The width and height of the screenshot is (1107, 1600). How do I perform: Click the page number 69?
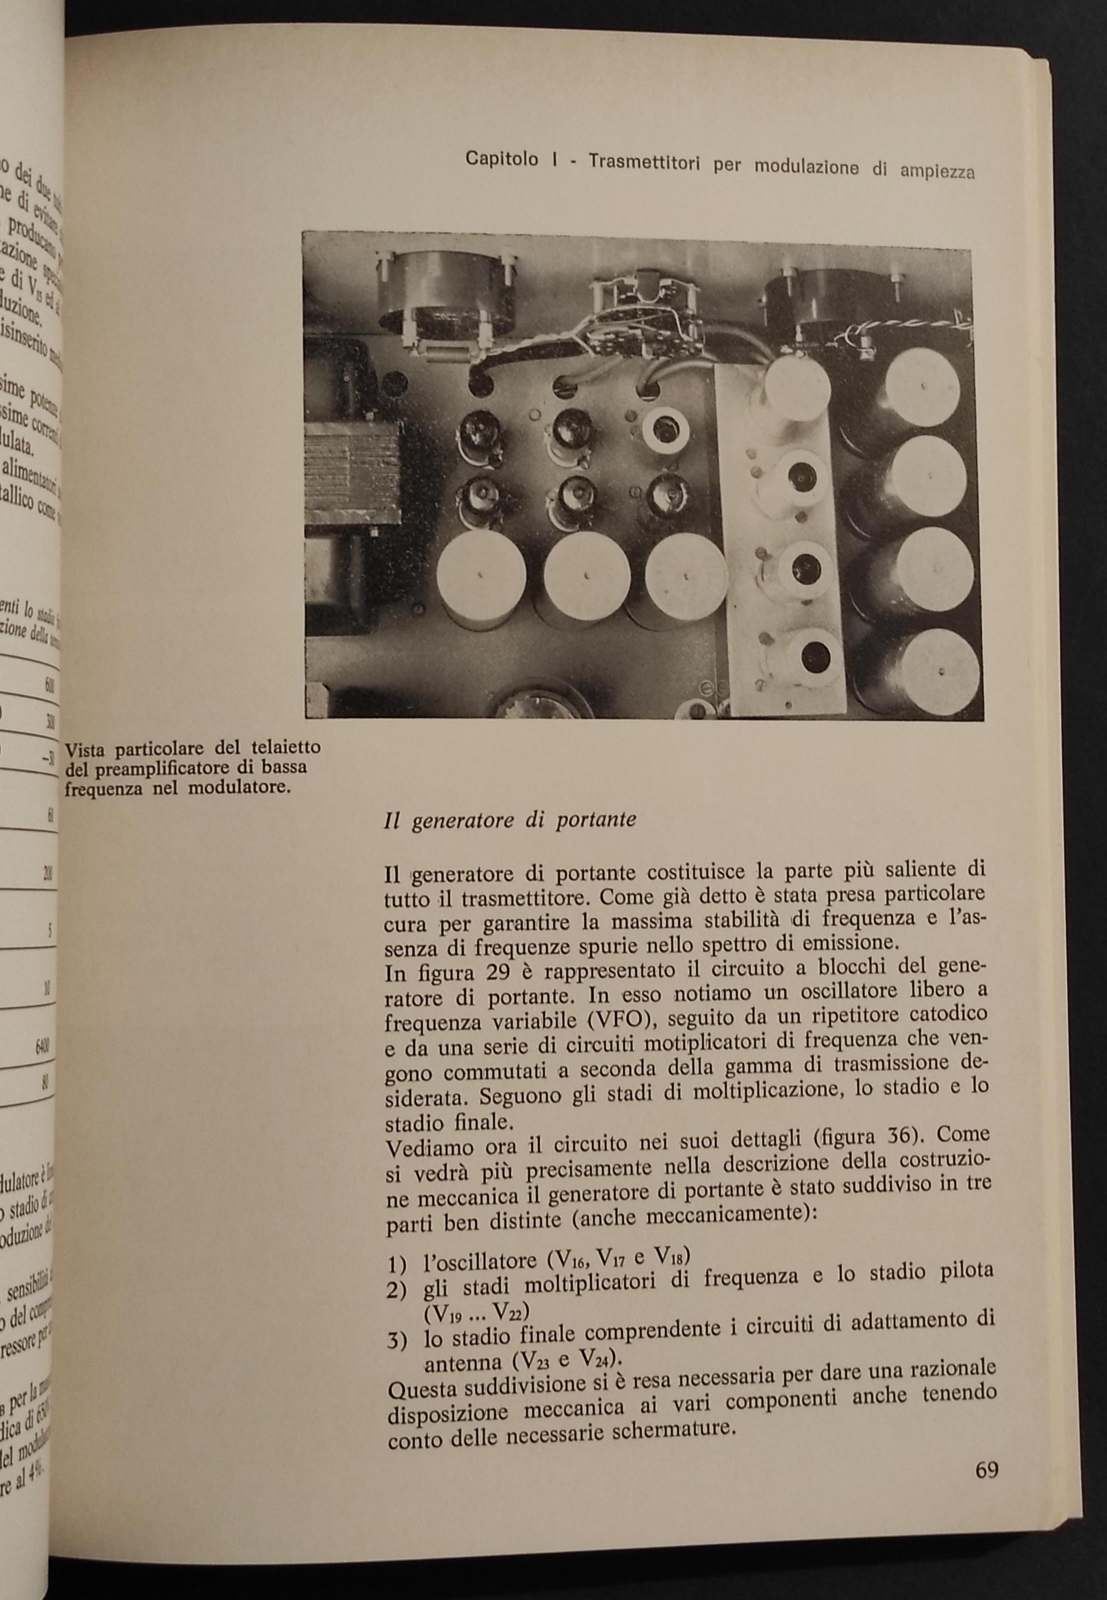point(985,1485)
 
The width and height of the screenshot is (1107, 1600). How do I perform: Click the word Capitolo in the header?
point(501,159)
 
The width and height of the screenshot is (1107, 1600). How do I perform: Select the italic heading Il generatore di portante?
point(510,820)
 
